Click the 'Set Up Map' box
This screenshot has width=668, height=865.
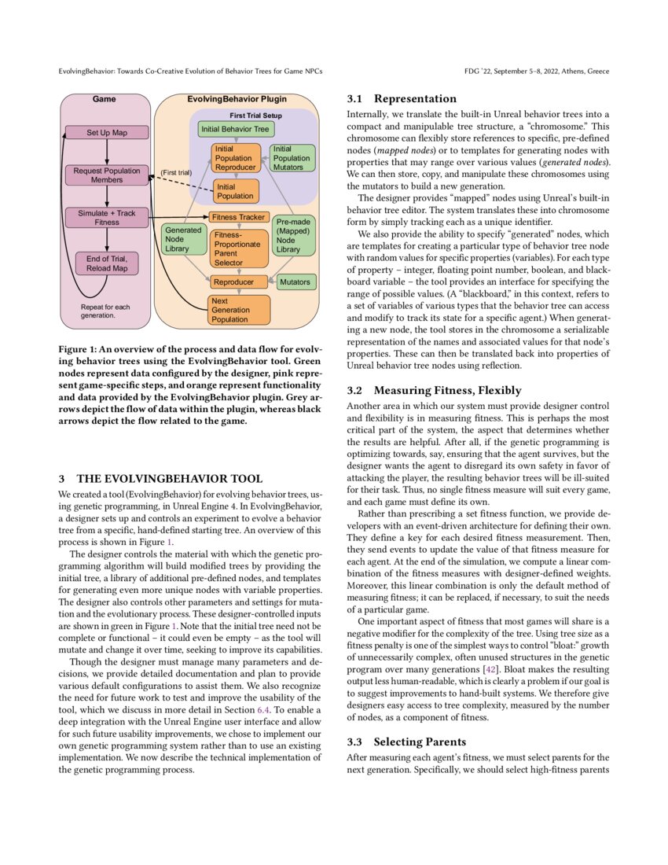[x=107, y=133]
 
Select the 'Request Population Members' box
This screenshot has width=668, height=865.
[x=107, y=175]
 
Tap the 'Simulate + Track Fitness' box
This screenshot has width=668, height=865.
[x=107, y=217]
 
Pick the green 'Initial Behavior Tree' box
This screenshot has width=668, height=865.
[x=234, y=129]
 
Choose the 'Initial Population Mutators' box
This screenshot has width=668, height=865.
[x=292, y=158]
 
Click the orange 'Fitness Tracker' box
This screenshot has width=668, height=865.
[x=239, y=217]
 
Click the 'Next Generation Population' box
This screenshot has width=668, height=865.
[x=239, y=310]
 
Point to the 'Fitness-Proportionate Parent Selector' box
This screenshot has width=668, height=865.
[x=239, y=248]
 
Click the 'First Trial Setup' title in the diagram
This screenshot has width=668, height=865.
[x=255, y=116]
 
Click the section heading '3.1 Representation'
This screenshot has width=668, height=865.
[x=401, y=99]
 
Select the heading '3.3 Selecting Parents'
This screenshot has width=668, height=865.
[x=406, y=742]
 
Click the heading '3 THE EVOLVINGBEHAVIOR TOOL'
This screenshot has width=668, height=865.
[x=160, y=478]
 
